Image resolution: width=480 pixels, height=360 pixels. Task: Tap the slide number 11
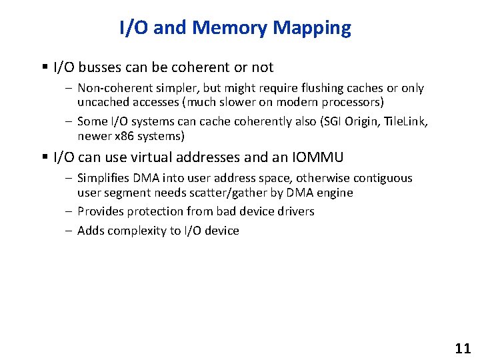pos(462,348)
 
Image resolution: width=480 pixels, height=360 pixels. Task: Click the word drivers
pos(293,211)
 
